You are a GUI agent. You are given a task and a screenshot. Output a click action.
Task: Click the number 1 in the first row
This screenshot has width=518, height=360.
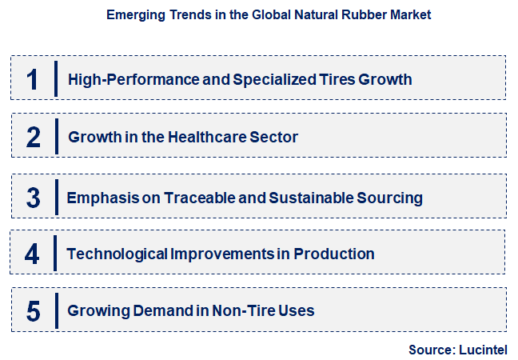coord(33,78)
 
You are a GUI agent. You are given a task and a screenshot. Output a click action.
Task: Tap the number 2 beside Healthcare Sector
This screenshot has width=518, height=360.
coord(33,137)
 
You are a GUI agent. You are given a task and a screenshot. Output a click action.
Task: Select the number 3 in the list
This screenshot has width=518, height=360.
coord(33,196)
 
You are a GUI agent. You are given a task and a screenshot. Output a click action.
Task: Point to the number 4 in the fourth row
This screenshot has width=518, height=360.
coord(32,254)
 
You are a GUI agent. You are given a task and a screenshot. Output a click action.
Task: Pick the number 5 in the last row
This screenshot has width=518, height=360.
coord(33,311)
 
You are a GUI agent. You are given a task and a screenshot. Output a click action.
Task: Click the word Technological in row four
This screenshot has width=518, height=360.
coord(117,254)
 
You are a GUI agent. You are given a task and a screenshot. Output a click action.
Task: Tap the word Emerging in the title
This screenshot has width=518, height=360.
coord(133,14)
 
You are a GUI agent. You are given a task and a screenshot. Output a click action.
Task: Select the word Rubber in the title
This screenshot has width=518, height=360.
coord(340,14)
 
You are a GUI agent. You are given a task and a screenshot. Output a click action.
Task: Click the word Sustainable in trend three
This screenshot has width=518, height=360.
coord(309,197)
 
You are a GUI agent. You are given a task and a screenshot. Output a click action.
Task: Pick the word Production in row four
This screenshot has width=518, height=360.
coord(334,254)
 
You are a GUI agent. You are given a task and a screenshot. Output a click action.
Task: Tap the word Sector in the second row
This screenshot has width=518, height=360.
coord(274,137)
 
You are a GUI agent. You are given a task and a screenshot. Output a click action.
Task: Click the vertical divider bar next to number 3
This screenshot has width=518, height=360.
coord(56,196)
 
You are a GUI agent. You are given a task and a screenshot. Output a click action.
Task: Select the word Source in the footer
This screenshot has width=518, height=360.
coord(430,350)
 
